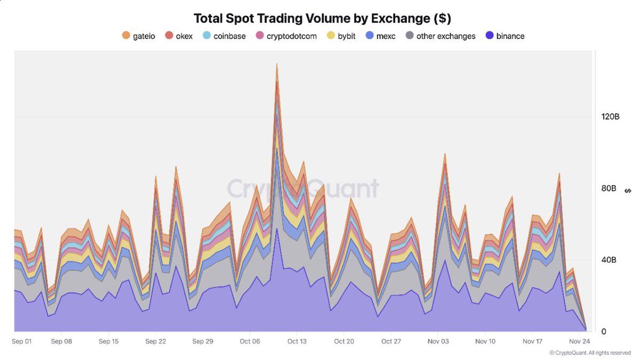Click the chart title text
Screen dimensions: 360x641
[x=322, y=18]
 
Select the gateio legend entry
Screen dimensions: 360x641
[x=138, y=36]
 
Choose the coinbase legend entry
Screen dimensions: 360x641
[x=224, y=36]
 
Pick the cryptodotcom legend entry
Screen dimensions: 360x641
[x=286, y=36]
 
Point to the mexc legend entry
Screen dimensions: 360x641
[x=380, y=36]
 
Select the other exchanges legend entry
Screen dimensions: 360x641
[x=440, y=36]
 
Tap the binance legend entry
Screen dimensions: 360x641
[x=505, y=36]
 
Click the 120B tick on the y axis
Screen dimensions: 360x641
[x=610, y=117]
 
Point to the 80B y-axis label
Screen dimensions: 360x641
[x=609, y=189]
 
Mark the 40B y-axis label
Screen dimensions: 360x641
[x=609, y=260]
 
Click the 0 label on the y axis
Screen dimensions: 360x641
[x=604, y=332]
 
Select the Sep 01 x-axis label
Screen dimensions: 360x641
[x=22, y=341]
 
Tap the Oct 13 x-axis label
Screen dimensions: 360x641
[x=296, y=341]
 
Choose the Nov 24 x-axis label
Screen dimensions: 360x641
[x=579, y=341]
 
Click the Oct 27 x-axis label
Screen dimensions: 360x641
[x=391, y=341]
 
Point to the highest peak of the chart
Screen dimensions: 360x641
[x=277, y=64]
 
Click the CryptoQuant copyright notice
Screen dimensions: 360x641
[x=590, y=353]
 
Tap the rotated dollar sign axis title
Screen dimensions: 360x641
[x=628, y=191]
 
